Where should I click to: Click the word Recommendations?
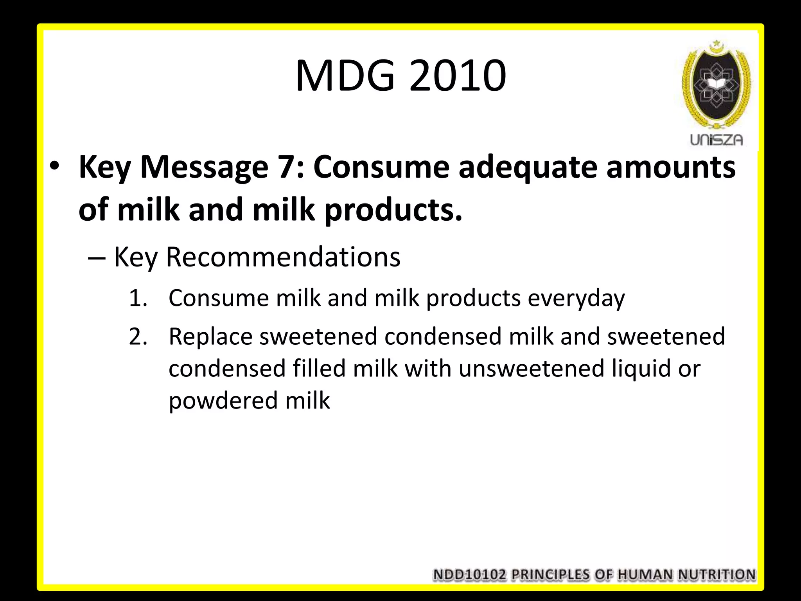pos(283,257)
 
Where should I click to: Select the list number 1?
pos(137,298)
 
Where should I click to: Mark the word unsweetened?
pos(532,369)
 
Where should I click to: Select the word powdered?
pos(223,401)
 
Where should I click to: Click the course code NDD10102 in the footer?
pos(470,575)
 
